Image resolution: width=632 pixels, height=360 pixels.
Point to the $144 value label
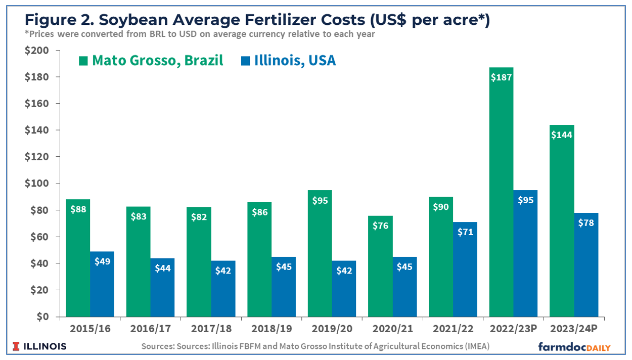point(562,134)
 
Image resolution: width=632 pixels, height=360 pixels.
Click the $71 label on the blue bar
point(465,232)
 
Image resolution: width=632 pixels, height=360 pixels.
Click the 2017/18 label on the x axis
point(211,329)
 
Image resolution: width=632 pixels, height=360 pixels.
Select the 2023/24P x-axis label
point(574,329)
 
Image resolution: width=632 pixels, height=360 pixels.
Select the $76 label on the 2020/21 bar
point(380,226)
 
